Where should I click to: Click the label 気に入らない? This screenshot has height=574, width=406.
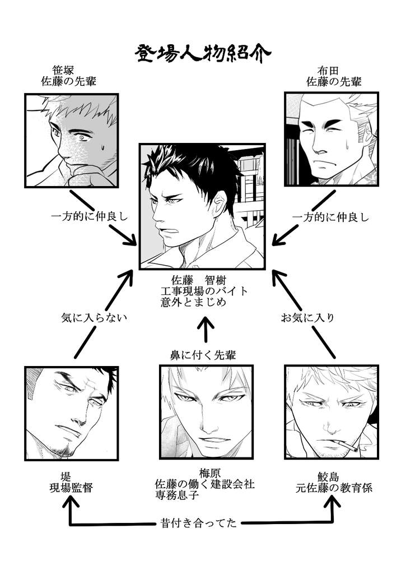click(x=95, y=318)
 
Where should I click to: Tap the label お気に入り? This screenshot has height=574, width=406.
click(x=308, y=318)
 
